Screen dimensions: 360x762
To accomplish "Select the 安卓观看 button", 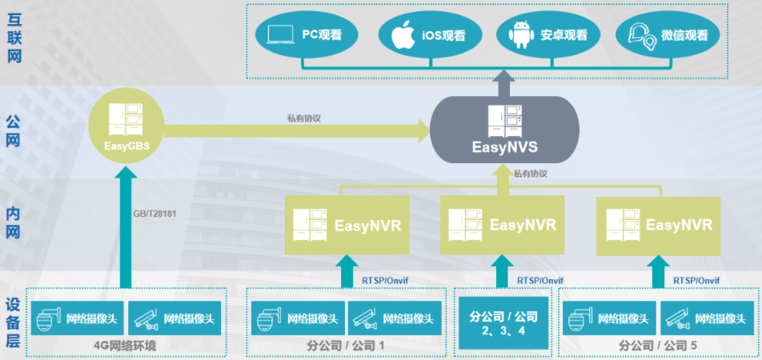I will (x=553, y=35).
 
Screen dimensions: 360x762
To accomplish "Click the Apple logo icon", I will (x=403, y=35).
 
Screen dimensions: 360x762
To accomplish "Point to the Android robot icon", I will (x=521, y=36).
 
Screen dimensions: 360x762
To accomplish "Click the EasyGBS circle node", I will (x=127, y=129).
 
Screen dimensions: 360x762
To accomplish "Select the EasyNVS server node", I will (x=504, y=130).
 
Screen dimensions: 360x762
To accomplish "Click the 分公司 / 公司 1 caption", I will (x=345, y=346).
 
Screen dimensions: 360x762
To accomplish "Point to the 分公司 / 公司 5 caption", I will (x=657, y=346).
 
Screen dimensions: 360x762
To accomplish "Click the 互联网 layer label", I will (x=14, y=35).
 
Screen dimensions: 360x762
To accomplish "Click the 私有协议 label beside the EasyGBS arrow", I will (x=304, y=118).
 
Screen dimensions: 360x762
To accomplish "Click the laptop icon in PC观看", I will (x=280, y=35).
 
